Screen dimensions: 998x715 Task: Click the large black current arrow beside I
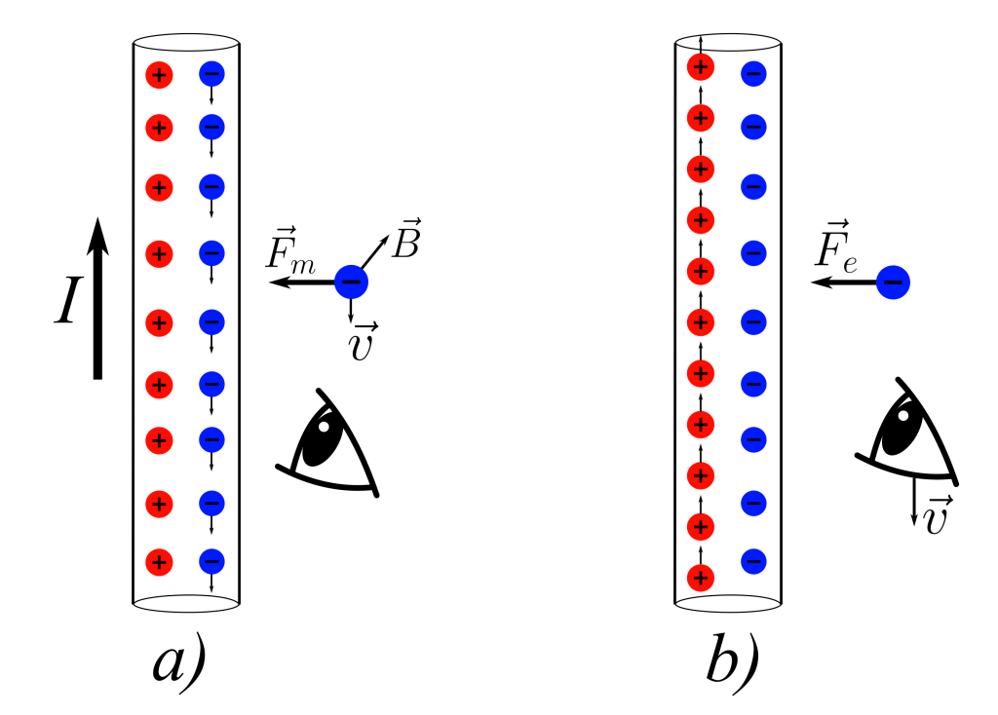[97, 298]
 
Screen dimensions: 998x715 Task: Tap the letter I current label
[68, 302]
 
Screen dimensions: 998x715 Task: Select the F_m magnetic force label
[290, 248]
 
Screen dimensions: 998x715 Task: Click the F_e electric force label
[836, 246]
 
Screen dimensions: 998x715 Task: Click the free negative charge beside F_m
[351, 282]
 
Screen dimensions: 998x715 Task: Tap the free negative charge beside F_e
[893, 282]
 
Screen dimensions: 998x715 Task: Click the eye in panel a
[327, 443]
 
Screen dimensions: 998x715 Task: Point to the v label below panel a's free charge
[363, 342]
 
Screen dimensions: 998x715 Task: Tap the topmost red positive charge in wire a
[159, 75]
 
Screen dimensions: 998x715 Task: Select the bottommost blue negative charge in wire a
[211, 561]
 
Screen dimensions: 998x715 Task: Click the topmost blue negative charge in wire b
[753, 73]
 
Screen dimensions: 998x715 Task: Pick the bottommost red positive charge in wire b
[701, 578]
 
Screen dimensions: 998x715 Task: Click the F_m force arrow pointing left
[302, 282]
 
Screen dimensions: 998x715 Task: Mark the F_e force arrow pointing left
[843, 282]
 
